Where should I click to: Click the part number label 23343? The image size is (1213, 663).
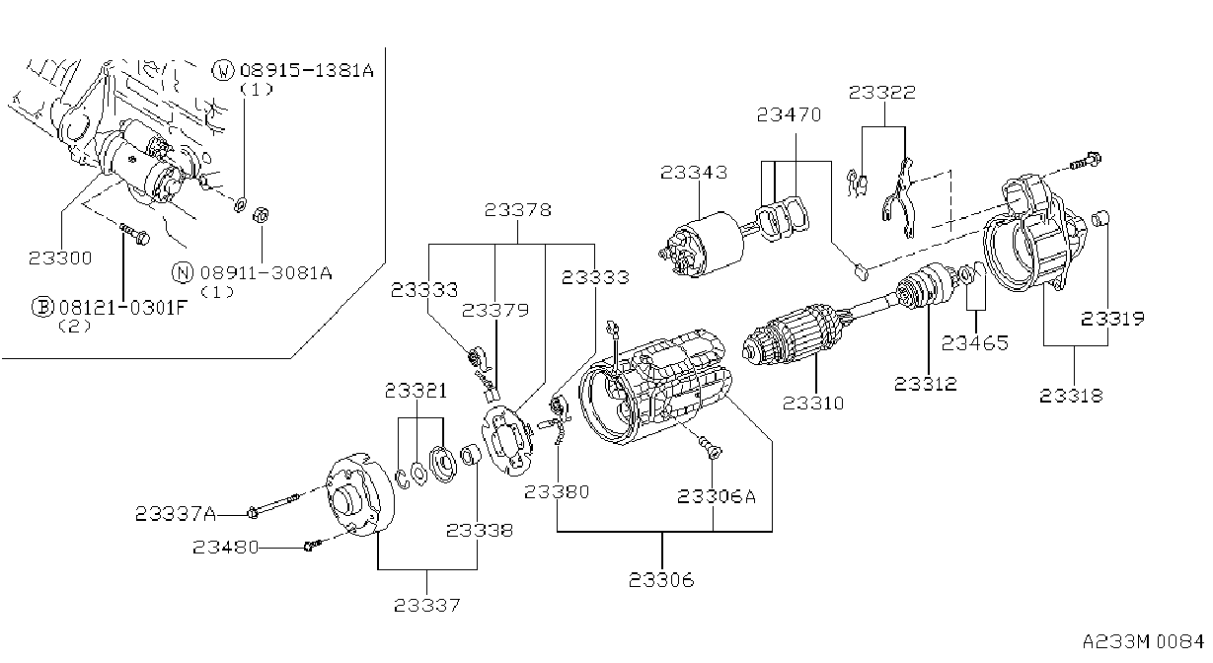tap(694, 173)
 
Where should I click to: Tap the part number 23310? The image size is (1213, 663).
tap(813, 404)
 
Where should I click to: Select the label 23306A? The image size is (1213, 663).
tap(717, 496)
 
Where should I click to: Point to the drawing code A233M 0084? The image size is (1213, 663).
tap(1143, 641)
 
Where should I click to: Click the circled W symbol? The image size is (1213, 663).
tap(223, 70)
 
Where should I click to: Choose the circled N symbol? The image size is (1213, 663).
tap(183, 272)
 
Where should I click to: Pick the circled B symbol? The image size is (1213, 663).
tap(42, 307)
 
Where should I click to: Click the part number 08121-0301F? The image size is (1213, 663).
tap(123, 308)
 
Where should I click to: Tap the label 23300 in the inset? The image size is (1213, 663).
tap(60, 258)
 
